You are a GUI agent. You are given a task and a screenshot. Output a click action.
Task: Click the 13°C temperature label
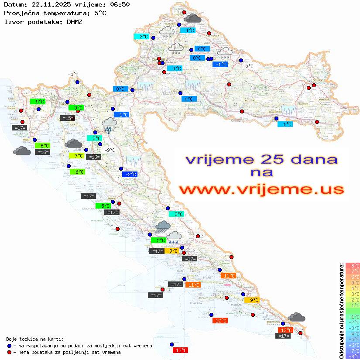click(x=180, y=350)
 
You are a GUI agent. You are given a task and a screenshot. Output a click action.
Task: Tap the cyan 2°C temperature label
click(x=144, y=37)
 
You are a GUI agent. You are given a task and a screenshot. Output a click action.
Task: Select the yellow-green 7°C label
click(x=79, y=156)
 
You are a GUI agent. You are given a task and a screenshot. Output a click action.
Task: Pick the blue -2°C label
click(x=130, y=175)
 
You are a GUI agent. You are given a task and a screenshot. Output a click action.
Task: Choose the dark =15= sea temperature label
click(x=67, y=118)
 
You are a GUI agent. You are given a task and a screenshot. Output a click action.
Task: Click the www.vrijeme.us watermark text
click(x=261, y=189)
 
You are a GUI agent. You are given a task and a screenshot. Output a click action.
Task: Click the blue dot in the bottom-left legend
click(x=9, y=346)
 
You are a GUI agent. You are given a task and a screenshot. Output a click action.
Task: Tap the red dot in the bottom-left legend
click(x=9, y=352)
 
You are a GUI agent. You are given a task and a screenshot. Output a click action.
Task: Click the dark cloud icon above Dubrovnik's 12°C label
click(x=297, y=317)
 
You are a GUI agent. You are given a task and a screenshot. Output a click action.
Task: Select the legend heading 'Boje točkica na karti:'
click(x=35, y=339)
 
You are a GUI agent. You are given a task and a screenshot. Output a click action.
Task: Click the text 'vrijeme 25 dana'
click(x=261, y=159)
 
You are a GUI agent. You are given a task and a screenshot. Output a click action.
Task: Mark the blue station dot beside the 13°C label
click(x=171, y=344)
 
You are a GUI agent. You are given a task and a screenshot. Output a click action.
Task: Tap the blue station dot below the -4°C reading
click(x=77, y=82)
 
